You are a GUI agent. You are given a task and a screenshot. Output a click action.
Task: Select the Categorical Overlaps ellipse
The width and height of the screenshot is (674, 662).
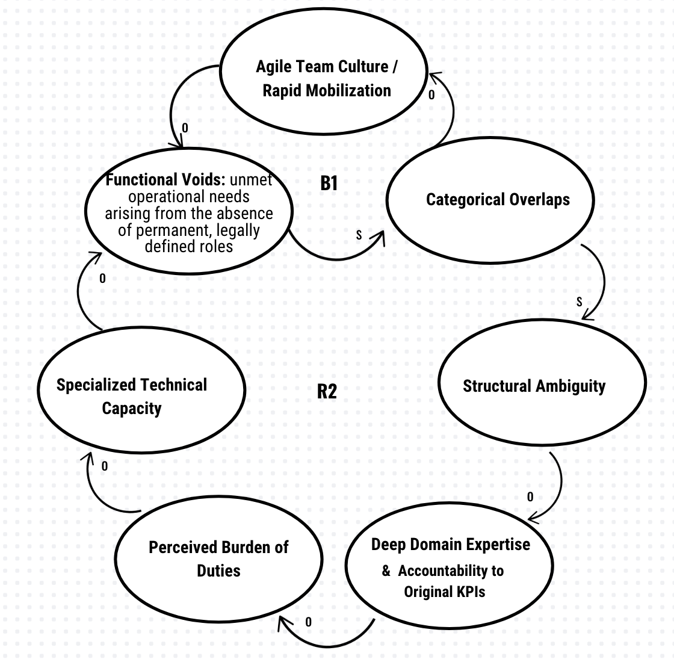pyautogui.click(x=498, y=199)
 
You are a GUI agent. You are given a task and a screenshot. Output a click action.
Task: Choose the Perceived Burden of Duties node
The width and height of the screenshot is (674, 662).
pyautogui.click(x=218, y=558)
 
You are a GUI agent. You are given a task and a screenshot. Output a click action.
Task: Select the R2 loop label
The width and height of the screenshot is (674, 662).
pyautogui.click(x=327, y=392)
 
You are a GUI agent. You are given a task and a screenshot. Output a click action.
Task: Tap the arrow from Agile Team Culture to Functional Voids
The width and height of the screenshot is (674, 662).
pyautogui.click(x=172, y=108)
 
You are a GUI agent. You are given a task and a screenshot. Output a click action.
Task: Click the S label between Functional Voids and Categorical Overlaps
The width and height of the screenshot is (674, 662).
pyautogui.click(x=359, y=235)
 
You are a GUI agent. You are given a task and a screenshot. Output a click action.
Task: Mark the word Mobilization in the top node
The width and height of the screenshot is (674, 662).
pyautogui.click(x=348, y=90)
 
